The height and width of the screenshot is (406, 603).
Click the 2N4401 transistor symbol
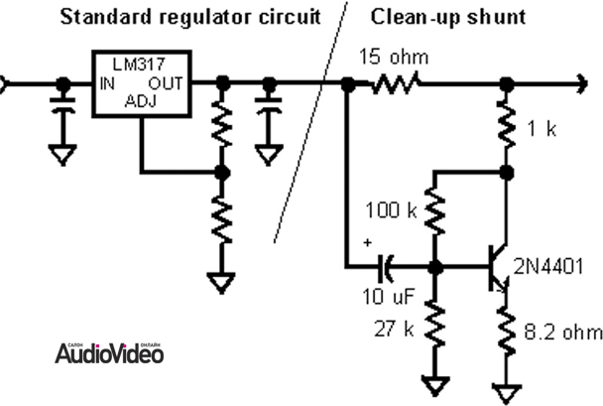click(x=496, y=267)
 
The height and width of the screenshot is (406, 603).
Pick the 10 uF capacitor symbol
click(x=387, y=267)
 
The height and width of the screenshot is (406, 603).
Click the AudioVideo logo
click(x=109, y=351)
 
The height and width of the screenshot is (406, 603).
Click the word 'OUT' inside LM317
click(x=165, y=84)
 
